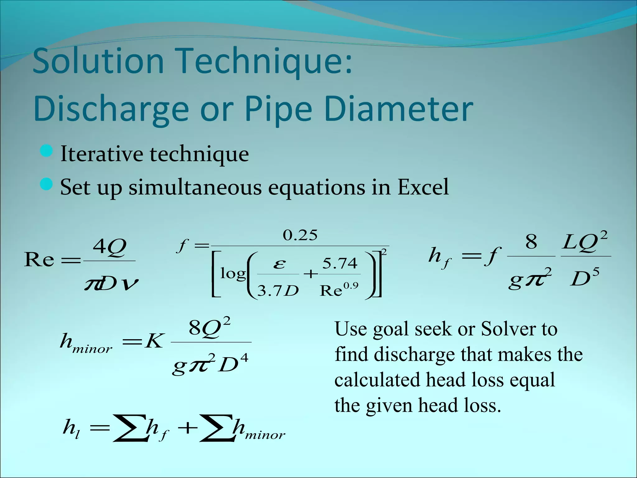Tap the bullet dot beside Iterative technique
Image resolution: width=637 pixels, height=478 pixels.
click(x=46, y=151)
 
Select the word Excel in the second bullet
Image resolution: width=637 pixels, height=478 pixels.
click(x=423, y=187)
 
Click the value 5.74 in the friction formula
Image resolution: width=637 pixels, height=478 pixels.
click(x=340, y=264)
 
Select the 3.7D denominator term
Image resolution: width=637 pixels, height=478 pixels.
click(x=278, y=291)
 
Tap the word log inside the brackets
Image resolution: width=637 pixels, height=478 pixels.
click(x=233, y=274)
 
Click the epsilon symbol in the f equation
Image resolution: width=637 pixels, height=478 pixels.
click(x=279, y=264)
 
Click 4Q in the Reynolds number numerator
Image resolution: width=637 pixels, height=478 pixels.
click(x=109, y=247)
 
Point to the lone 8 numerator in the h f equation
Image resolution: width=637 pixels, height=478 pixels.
click(x=531, y=242)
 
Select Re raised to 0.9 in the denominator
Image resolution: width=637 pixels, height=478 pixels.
click(x=339, y=290)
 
